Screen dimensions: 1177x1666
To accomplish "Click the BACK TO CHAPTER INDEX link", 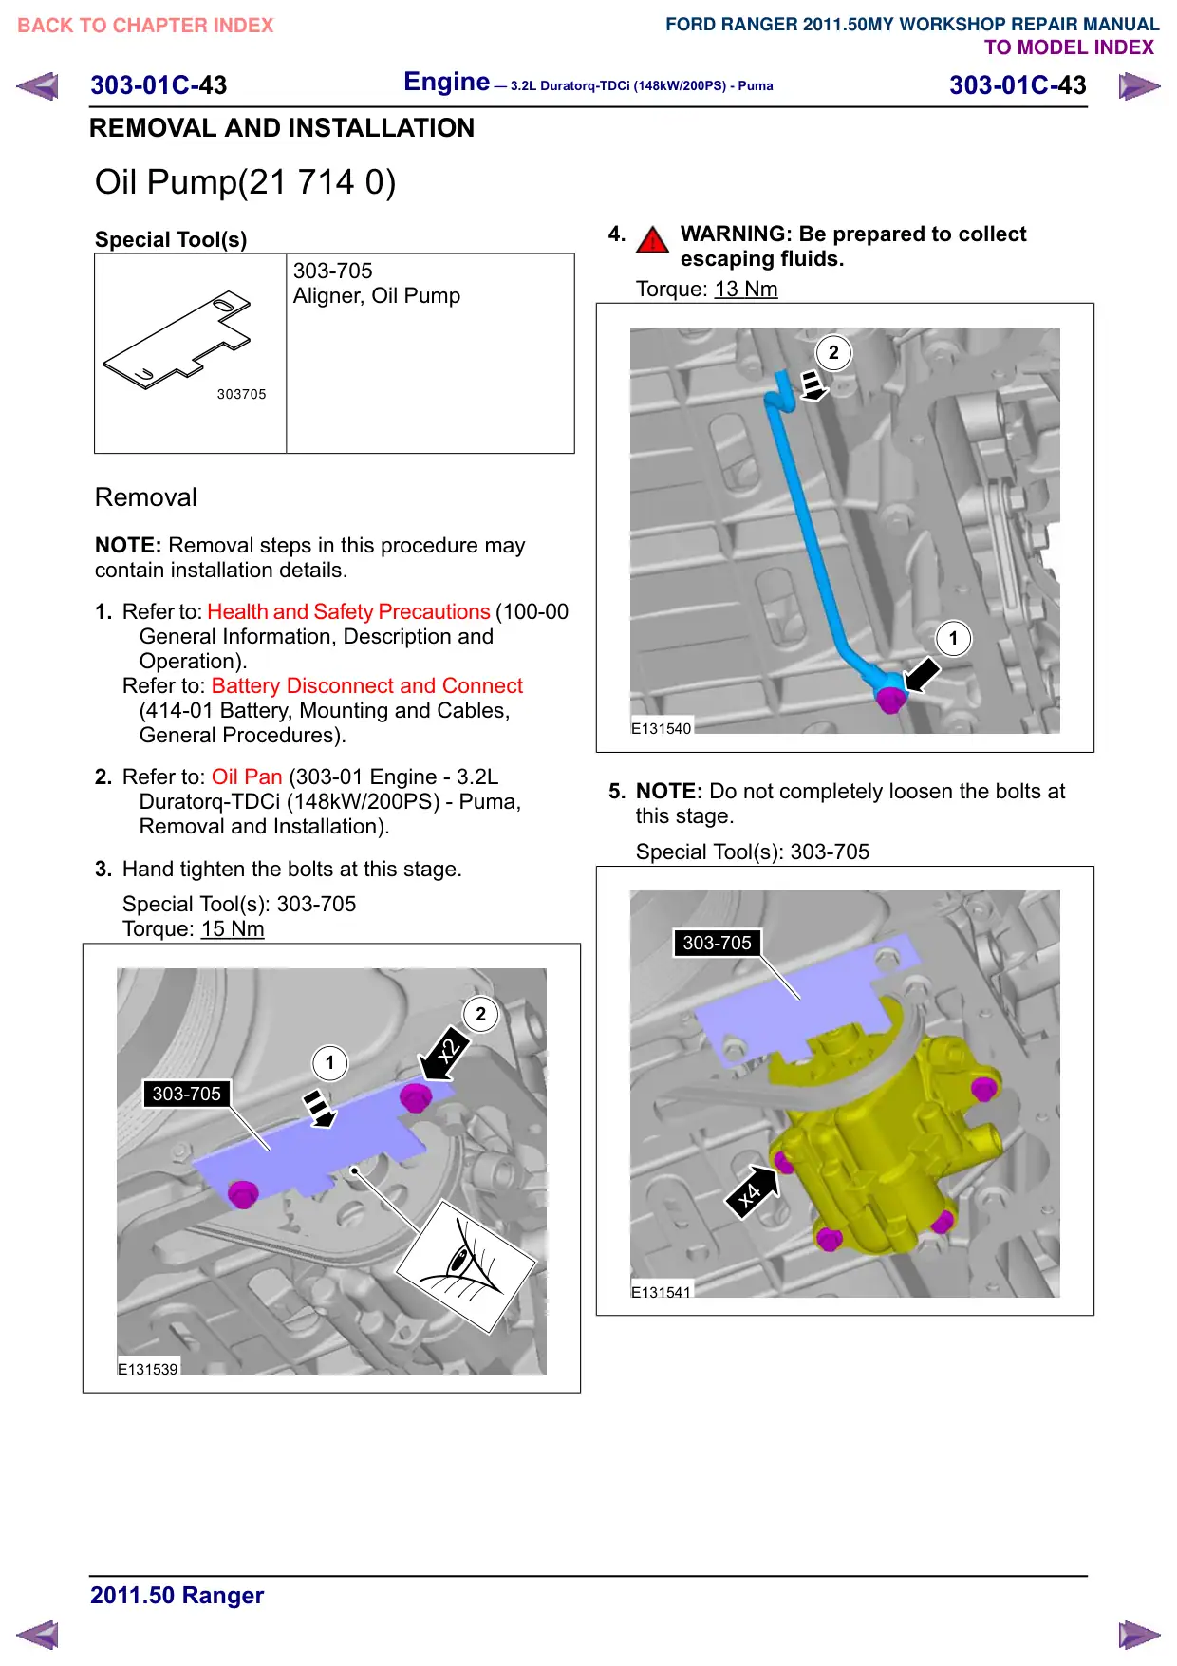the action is [145, 26].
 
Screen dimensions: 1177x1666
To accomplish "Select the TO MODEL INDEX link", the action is [1069, 47].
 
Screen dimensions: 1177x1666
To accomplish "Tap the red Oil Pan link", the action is [247, 777].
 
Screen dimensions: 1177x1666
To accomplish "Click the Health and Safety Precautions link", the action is [348, 611].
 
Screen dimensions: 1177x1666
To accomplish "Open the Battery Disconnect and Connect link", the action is [367, 685].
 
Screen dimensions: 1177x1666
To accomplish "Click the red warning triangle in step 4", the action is [652, 239].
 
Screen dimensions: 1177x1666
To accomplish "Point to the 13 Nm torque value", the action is [746, 290].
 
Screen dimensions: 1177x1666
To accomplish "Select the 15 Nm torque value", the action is [233, 929].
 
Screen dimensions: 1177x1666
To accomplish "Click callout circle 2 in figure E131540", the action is [833, 353].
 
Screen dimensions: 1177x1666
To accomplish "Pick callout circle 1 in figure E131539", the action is [330, 1063].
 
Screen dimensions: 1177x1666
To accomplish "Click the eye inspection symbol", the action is [466, 1267].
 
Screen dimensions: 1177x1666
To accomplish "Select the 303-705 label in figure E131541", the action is [717, 943].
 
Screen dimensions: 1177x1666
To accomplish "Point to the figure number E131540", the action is [662, 729].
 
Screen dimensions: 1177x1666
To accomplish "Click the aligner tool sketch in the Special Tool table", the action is [177, 339].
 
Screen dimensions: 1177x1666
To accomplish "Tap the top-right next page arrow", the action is [1139, 86].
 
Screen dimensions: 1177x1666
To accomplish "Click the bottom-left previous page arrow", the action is [38, 1635].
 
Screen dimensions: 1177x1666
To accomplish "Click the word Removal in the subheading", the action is [146, 497].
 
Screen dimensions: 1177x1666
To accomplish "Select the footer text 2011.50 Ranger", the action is [177, 1595].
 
